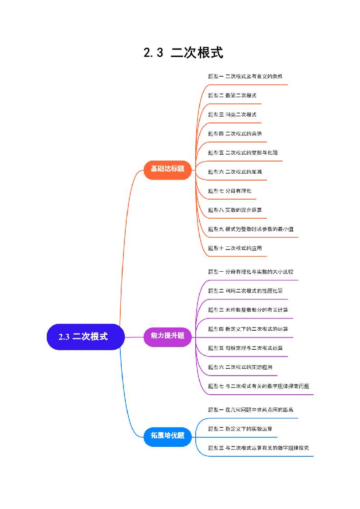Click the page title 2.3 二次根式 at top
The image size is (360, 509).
pyautogui.click(x=183, y=53)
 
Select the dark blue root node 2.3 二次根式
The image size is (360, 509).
pyautogui.click(x=85, y=337)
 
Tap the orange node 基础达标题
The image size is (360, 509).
pyautogui.click(x=168, y=169)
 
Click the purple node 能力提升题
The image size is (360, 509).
pyautogui.click(x=168, y=336)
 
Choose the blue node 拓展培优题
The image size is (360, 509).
pyautogui.click(x=168, y=436)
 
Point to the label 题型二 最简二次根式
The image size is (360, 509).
pyautogui.click(x=232, y=95)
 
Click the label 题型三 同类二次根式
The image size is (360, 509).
pyautogui.click(x=232, y=114)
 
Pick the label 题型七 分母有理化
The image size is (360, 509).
pyautogui.click(x=229, y=191)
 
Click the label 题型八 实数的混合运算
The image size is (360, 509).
pyautogui.click(x=235, y=210)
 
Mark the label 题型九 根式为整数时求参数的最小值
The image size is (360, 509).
pyautogui.click(x=251, y=229)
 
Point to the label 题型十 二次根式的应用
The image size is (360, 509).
pyautogui.click(x=235, y=248)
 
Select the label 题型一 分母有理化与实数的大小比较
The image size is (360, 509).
pyautogui.click(x=251, y=272)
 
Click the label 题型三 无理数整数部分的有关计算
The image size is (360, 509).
pyautogui.click(x=248, y=310)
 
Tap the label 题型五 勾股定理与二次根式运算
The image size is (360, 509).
pyautogui.click(x=248, y=348)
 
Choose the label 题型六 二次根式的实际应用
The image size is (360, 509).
pyautogui.click(x=240, y=367)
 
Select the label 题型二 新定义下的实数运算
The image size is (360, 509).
pyautogui.click(x=240, y=429)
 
